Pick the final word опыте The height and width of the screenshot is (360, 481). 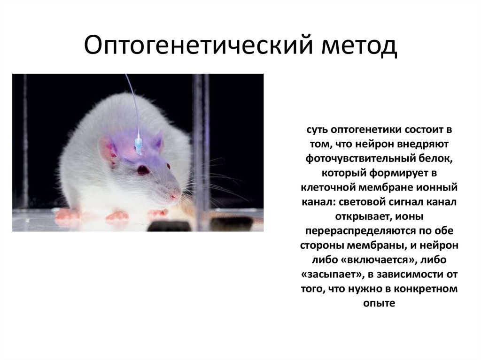tap(380, 304)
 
